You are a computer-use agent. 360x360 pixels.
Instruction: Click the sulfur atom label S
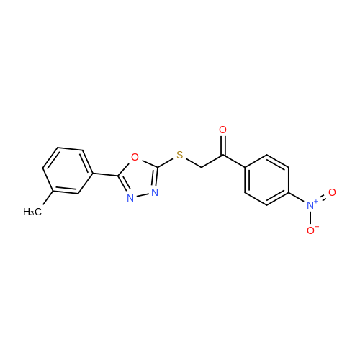[180, 155]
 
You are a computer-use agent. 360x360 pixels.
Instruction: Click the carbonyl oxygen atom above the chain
[222, 130]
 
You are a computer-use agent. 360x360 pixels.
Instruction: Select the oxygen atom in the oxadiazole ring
[135, 157]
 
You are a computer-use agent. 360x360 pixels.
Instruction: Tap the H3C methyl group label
[32, 212]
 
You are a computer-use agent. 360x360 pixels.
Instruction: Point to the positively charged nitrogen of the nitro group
[311, 205]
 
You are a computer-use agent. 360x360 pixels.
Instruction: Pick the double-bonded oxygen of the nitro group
[332, 192]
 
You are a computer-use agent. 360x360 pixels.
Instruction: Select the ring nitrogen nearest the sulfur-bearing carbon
[155, 192]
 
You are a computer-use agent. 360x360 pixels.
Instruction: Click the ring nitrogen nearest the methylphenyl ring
[130, 198]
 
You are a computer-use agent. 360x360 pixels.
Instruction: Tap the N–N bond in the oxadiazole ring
[143, 195]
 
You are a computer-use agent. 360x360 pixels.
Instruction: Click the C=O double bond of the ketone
[223, 146]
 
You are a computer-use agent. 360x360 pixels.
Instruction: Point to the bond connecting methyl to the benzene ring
[48, 198]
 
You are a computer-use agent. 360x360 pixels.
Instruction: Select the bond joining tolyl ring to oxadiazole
[105, 174]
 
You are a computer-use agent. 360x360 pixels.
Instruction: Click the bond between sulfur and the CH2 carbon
[194, 163]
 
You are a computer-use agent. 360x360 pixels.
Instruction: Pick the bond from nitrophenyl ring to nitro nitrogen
[297, 197]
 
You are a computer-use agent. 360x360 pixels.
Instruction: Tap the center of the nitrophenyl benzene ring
[266, 180]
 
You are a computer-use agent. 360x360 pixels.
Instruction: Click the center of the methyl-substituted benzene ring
[68, 171]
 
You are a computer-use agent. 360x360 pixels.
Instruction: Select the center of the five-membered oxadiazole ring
[139, 179]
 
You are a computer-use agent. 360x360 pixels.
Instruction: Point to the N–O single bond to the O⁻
[310, 217]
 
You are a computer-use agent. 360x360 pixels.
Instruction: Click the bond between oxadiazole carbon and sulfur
[166, 163]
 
